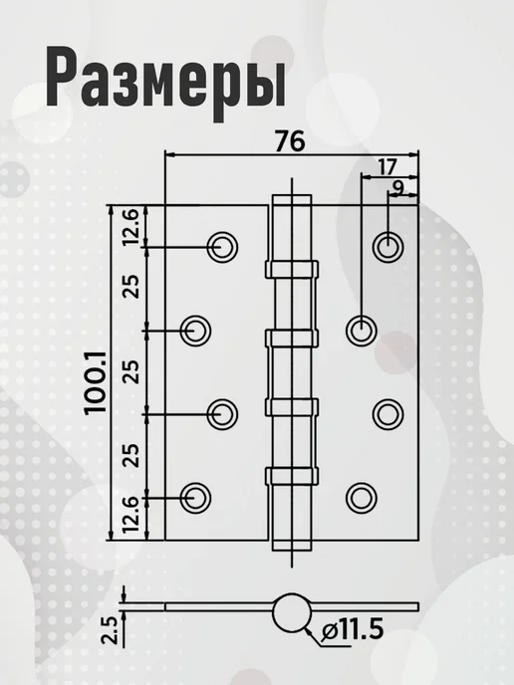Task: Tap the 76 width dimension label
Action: pyautogui.click(x=289, y=141)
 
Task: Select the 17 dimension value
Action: pyautogui.click(x=386, y=167)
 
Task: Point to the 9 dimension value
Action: pyautogui.click(x=398, y=186)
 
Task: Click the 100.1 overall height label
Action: pyautogui.click(x=96, y=382)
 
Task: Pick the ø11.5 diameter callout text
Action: pyautogui.click(x=352, y=630)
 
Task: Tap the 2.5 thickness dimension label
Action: pyautogui.click(x=111, y=630)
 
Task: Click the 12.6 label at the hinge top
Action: pyautogui.click(x=131, y=226)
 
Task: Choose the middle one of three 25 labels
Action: pyautogui.click(x=131, y=371)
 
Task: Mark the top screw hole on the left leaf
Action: pyautogui.click(x=222, y=247)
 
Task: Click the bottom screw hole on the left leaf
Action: pyautogui.click(x=195, y=498)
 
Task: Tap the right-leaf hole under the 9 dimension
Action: pyautogui.click(x=387, y=247)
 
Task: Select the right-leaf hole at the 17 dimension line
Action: pyautogui.click(x=361, y=331)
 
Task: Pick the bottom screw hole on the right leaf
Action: pyautogui.click(x=361, y=498)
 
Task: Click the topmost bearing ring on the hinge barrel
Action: pyautogui.click(x=292, y=270)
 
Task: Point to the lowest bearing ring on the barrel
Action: pyautogui.click(x=292, y=476)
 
